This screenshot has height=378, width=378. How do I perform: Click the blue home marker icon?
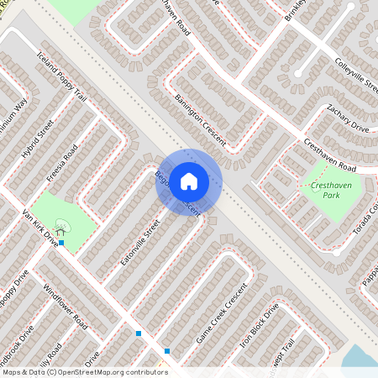(189, 181)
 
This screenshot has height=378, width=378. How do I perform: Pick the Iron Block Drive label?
(259, 326)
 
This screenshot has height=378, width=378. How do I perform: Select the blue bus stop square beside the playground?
(61, 243)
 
